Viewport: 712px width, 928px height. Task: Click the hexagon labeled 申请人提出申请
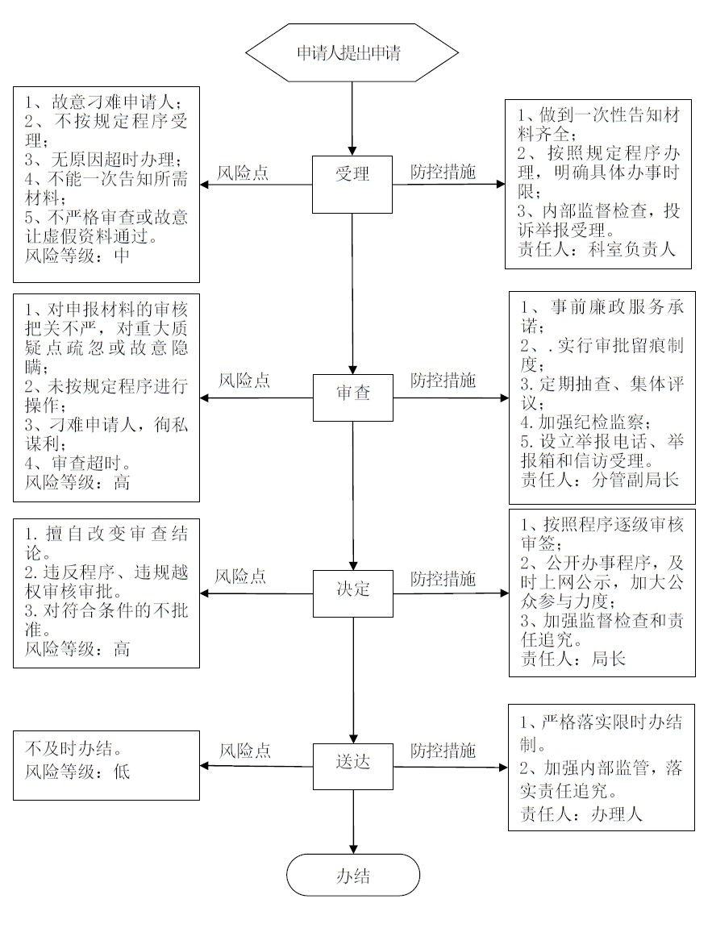(352, 54)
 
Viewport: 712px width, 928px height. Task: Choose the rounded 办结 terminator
(353, 875)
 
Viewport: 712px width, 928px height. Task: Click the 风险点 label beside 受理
(244, 173)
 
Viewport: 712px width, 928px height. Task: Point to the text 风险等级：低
(77, 772)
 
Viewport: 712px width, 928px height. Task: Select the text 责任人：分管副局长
(600, 480)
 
